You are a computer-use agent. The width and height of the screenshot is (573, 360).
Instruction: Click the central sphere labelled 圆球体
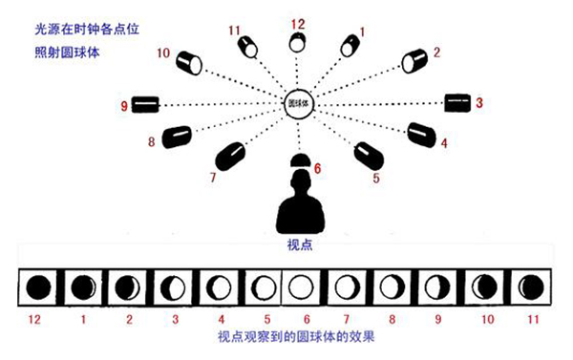[x=298, y=104]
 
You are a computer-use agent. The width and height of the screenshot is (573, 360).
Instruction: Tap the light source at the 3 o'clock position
[x=457, y=103]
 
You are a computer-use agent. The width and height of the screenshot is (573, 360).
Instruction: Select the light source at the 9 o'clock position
[x=145, y=104]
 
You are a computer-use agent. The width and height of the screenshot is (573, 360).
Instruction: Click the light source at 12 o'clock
[x=297, y=42]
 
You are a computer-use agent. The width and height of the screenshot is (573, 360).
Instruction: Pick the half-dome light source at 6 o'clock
[x=301, y=160]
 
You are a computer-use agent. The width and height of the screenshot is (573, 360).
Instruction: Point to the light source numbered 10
[x=188, y=63]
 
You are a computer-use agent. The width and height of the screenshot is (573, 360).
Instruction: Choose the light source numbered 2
[x=414, y=61]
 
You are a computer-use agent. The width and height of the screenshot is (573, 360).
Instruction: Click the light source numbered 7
[x=230, y=156]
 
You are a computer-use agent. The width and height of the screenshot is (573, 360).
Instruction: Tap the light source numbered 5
[x=369, y=156]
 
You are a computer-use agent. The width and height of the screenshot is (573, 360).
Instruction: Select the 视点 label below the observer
[x=300, y=244]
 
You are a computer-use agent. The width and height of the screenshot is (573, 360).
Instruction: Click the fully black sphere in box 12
[x=38, y=286]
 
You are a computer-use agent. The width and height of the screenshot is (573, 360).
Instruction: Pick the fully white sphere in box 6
[x=301, y=286]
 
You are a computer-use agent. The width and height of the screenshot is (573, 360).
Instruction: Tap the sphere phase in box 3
[x=173, y=287]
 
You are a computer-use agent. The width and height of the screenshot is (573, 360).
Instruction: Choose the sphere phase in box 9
[x=437, y=287]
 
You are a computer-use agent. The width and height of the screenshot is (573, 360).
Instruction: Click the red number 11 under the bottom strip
[x=533, y=320]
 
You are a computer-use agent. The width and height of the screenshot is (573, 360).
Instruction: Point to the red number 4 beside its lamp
[x=444, y=143]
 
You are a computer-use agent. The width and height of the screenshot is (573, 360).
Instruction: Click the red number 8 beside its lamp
[x=151, y=141]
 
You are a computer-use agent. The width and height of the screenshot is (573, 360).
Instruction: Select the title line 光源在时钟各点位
[x=87, y=30]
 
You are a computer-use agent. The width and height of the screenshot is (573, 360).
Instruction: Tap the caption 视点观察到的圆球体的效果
[x=296, y=337]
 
